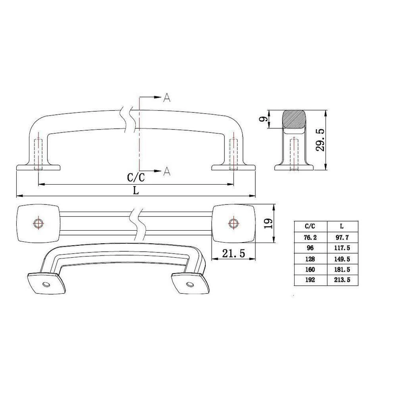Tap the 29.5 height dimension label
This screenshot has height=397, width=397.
click(321, 139)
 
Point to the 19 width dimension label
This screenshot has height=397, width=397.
click(267, 224)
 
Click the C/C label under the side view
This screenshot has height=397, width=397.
click(136, 177)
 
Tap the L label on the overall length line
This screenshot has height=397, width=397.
click(136, 190)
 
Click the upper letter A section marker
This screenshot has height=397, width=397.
click(167, 98)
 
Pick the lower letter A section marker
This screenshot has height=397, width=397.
click(167, 171)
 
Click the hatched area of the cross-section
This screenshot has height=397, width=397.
click(294, 119)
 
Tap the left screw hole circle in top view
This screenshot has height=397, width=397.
click(39, 223)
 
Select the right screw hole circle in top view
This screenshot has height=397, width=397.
click(233, 223)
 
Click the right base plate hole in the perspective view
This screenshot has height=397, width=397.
click(190, 285)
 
